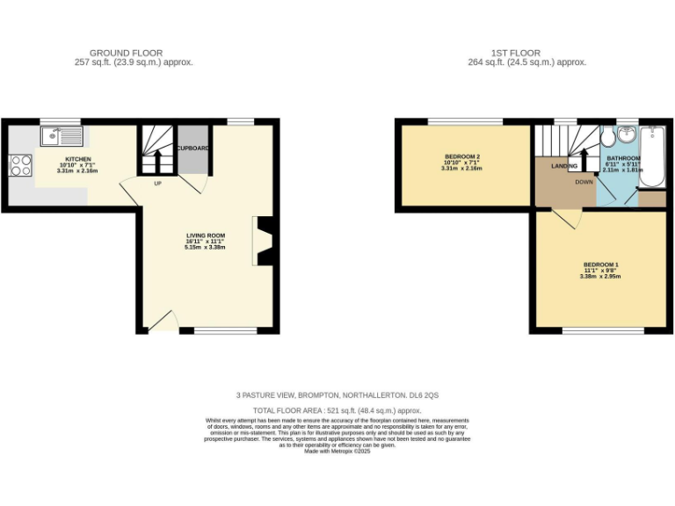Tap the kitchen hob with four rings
pos(19,165)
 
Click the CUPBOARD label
pos(192,148)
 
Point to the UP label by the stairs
pos(158,184)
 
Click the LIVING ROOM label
pos(206,235)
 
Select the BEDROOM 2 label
pos(461,155)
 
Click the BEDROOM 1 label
pos(600,264)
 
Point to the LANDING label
pos(564,165)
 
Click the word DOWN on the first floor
pos(584,182)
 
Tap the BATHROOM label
pos(623,158)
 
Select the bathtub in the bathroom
pos(651,156)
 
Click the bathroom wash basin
pos(626,135)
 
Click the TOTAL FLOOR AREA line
pos(337,410)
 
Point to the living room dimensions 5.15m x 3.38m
pos(206,248)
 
